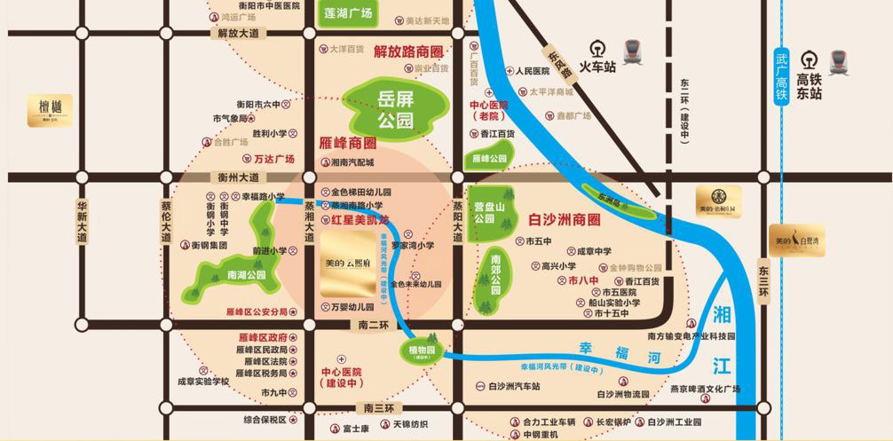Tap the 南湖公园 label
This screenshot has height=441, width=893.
click(246, 275)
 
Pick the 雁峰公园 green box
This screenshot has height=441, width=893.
click(488, 158)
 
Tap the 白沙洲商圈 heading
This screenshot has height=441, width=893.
click(565, 218)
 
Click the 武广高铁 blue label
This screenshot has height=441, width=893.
click(781, 75)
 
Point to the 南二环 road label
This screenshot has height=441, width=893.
click(375, 326)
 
